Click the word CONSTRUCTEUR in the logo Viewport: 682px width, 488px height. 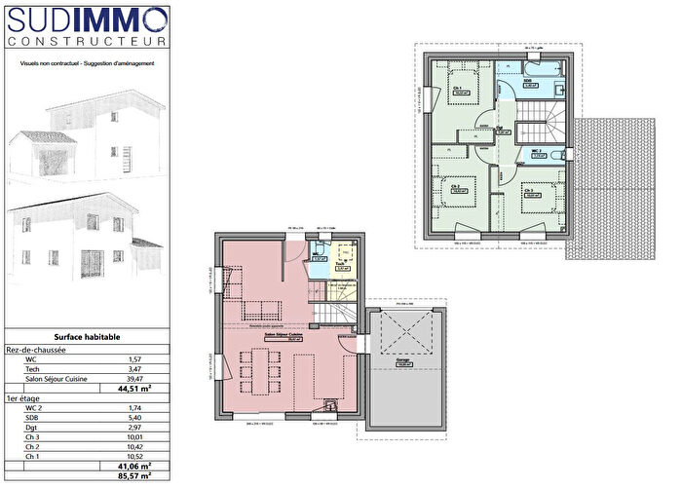[87, 42]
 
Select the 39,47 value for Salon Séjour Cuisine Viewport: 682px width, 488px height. [135, 379]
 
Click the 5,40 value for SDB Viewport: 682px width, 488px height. [135, 420]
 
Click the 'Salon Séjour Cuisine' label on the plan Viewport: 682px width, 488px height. [285, 334]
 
